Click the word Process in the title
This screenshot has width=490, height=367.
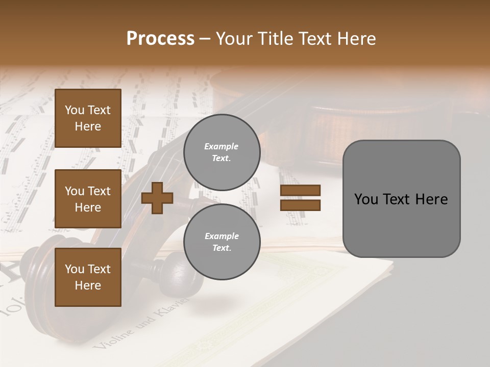160,39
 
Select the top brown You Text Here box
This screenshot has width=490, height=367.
88,118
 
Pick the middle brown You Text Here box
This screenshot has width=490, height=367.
88,199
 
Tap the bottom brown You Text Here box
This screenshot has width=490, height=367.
88,277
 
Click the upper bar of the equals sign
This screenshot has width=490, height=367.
301,191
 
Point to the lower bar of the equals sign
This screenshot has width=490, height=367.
301,205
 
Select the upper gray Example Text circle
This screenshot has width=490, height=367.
222,152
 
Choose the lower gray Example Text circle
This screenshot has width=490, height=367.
222,242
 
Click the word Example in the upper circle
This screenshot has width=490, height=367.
222,146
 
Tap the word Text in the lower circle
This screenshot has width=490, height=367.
222,248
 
